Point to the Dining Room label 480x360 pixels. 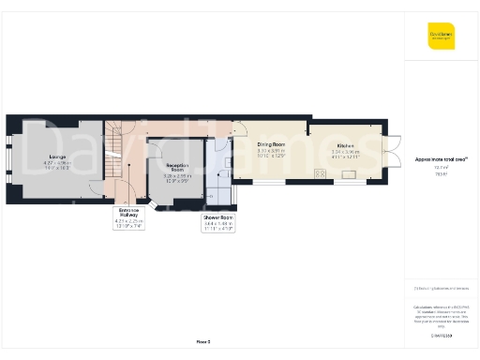coord(272,144)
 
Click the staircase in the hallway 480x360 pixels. coord(117,150)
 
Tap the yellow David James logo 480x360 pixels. coord(441,38)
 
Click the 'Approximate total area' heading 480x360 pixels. coord(441,159)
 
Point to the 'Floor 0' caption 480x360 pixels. coord(202,343)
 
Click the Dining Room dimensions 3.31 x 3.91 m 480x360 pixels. coord(272,152)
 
